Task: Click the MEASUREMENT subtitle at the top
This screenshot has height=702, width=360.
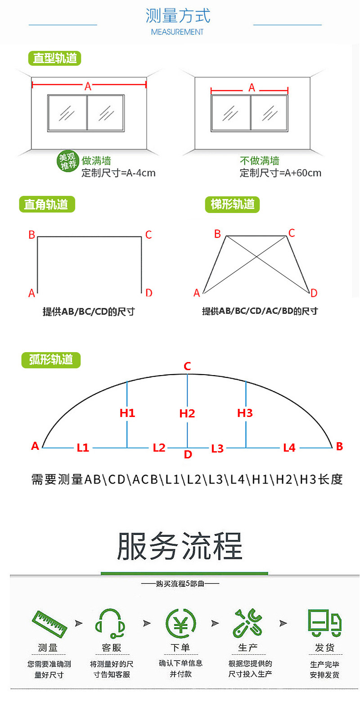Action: coord(177,32)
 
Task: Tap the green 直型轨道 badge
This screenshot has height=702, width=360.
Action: coord(54,58)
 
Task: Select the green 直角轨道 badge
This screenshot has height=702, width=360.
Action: coord(47,204)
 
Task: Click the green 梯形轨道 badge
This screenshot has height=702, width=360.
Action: coord(232,204)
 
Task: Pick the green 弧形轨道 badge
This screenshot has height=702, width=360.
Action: coord(51,360)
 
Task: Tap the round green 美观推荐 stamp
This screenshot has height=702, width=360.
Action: coord(67,161)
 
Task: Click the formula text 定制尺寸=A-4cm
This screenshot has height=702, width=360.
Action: coord(118,173)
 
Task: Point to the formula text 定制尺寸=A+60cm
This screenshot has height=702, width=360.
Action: coord(280,173)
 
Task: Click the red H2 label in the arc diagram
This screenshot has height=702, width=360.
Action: coord(187,413)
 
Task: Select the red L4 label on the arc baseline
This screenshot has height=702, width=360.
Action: coord(289,448)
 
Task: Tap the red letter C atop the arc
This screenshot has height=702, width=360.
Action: coord(187,366)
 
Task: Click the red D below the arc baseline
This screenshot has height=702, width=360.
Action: coord(188,454)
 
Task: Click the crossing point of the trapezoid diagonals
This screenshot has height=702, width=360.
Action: coord(256,257)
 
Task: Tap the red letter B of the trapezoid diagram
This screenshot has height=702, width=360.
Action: coord(217,234)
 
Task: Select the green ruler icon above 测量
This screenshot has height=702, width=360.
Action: coord(49,624)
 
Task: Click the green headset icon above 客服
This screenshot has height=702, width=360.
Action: coord(110,624)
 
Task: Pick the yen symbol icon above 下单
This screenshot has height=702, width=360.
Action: coord(181,624)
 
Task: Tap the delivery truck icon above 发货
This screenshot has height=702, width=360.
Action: coord(324,623)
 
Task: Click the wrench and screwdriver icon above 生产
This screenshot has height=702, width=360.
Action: coord(247,623)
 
